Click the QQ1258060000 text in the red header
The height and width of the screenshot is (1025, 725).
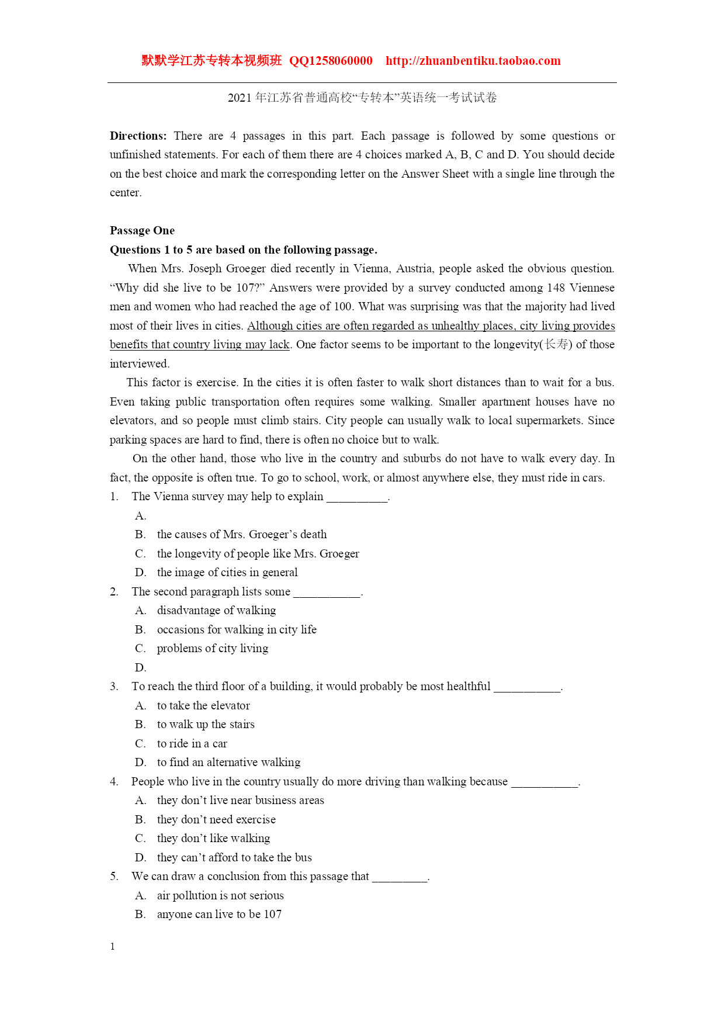coord(331,61)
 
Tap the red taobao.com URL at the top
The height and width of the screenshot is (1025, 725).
coord(473,61)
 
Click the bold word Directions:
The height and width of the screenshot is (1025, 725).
coord(138,136)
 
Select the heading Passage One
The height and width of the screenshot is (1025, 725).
coord(142,230)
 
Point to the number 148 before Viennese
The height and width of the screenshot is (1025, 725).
coord(556,288)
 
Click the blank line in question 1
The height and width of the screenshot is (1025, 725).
coord(357,497)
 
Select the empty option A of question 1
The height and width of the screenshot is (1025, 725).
coord(141,515)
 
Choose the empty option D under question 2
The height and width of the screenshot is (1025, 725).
coord(141,667)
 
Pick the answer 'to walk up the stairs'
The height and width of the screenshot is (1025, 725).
coord(206,724)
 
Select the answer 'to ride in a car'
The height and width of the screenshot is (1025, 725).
coord(192,743)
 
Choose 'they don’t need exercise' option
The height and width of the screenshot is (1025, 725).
coord(216,819)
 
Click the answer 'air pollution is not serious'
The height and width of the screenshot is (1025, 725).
coord(220,895)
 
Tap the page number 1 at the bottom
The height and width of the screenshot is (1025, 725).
coord(113,947)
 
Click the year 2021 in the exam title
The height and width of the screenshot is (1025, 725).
coord(240,98)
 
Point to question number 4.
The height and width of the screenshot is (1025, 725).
coord(113,781)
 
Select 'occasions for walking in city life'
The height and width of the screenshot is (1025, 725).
coord(237,629)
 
